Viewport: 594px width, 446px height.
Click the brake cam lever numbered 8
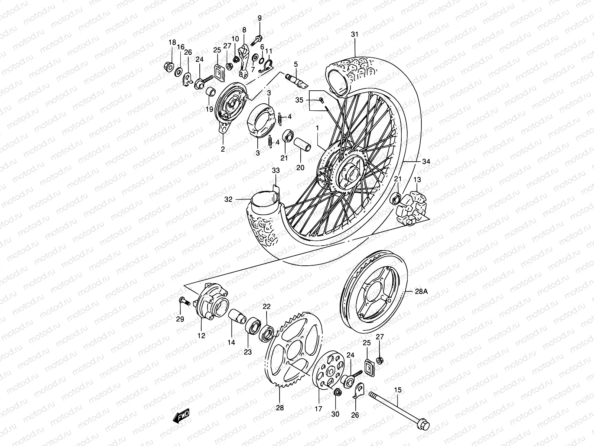click(x=243, y=61)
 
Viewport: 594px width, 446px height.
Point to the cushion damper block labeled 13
click(x=412, y=206)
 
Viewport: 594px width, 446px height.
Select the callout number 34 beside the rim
click(x=426, y=162)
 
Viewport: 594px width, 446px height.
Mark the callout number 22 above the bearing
click(x=267, y=307)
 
